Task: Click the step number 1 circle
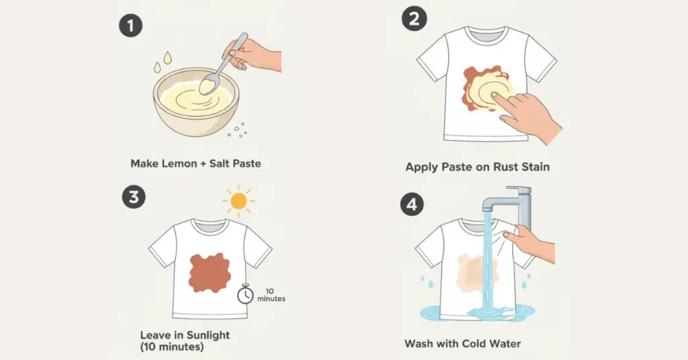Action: click(131, 26)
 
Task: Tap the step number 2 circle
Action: click(414, 19)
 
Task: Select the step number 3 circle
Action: click(134, 197)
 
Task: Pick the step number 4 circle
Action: click(412, 205)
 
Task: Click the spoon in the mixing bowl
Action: click(223, 64)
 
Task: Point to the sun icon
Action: click(239, 201)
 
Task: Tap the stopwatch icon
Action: click(245, 294)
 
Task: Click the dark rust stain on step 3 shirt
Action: click(210, 273)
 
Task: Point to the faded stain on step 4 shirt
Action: click(477, 273)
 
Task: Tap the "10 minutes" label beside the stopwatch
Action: click(271, 295)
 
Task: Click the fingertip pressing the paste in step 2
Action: click(494, 95)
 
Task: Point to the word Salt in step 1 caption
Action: click(219, 164)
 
